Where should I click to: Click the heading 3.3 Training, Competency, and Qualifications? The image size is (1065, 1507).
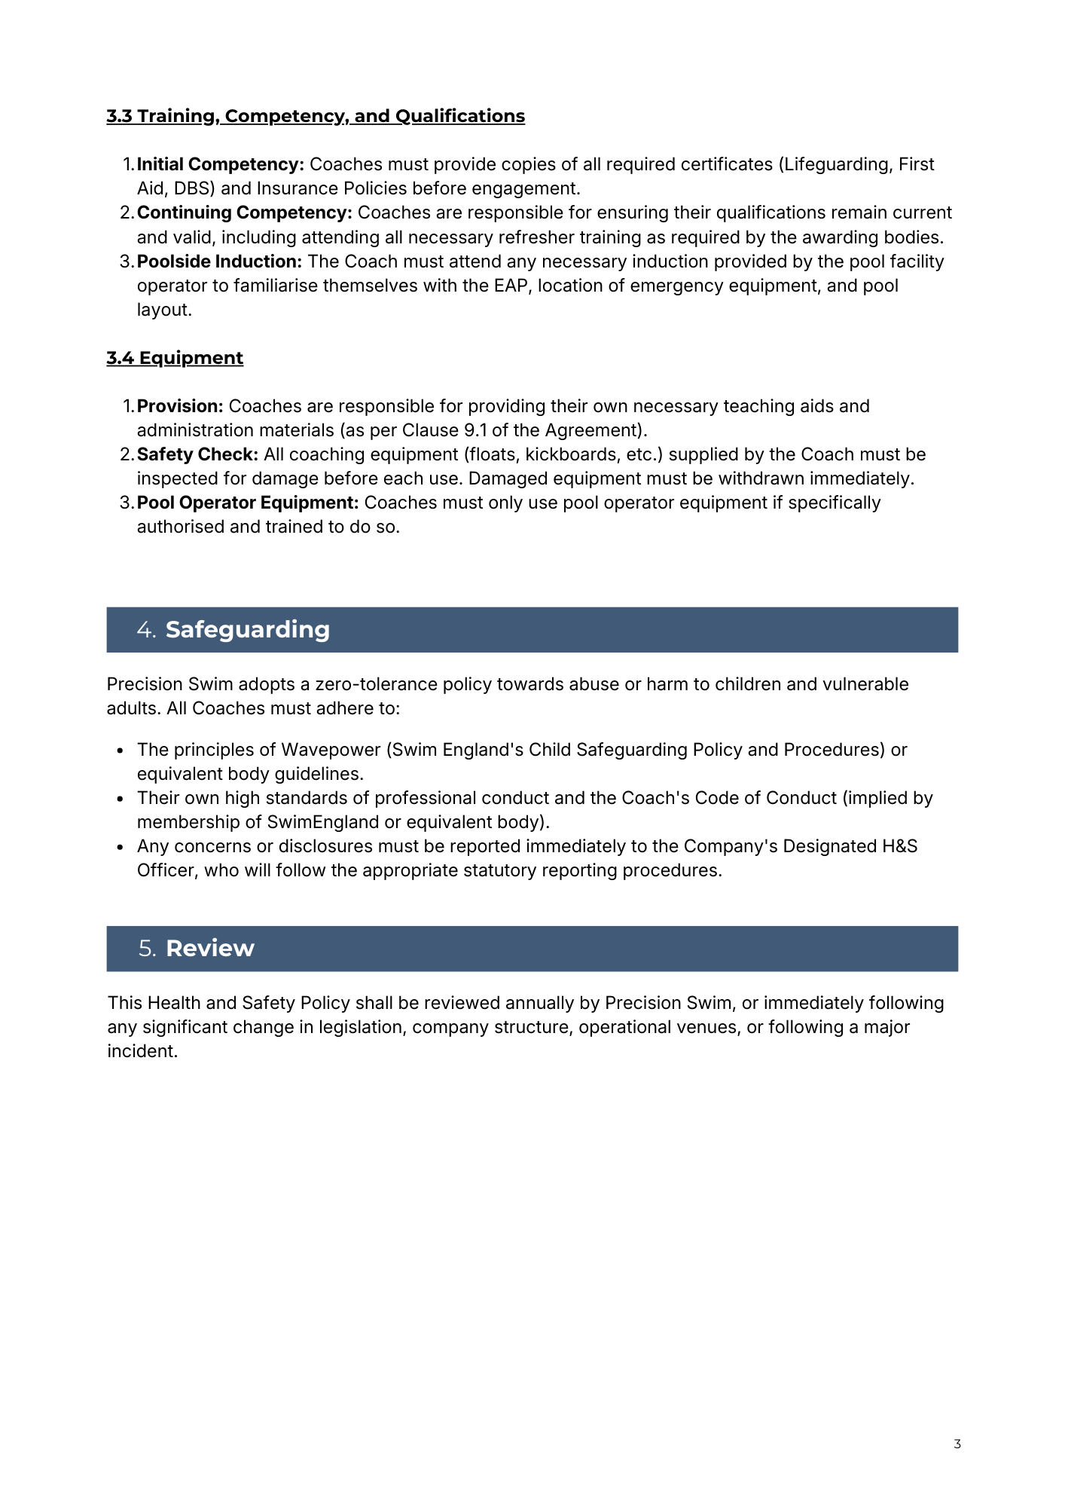click(x=316, y=116)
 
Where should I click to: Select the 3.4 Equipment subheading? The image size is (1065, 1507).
click(x=175, y=358)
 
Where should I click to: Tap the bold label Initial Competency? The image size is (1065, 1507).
click(x=220, y=164)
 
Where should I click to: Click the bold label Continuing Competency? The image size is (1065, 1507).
click(x=244, y=212)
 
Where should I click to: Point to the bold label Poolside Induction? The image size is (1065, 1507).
click(x=219, y=261)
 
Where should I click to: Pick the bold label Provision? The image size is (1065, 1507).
click(x=180, y=406)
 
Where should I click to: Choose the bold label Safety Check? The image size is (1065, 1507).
click(x=197, y=454)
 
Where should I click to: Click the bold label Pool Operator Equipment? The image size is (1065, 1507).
click(x=248, y=503)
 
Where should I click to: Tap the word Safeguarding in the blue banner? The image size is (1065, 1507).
click(x=247, y=630)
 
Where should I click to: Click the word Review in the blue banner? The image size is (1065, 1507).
click(x=209, y=949)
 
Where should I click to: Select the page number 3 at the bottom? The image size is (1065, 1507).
click(x=957, y=1444)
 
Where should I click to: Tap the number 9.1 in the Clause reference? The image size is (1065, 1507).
click(x=475, y=430)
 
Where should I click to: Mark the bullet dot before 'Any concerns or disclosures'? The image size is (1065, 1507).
click(x=121, y=847)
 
